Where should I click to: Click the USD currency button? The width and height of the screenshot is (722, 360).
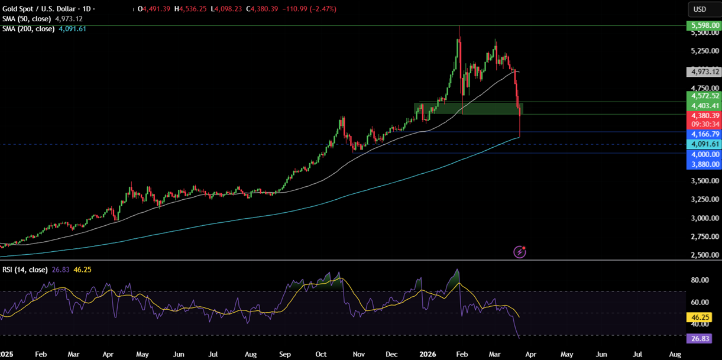point(700,9)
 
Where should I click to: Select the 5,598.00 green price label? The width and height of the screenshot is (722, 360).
point(702,25)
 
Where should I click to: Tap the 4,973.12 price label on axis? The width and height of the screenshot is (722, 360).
point(702,72)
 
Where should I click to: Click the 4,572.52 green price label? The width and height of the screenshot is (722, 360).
point(702,96)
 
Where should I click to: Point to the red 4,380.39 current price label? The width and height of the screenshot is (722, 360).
point(702,116)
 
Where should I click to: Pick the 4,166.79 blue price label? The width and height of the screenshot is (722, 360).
point(702,134)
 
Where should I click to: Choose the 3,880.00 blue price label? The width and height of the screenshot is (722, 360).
point(702,164)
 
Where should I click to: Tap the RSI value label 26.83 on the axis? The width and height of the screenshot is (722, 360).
point(702,339)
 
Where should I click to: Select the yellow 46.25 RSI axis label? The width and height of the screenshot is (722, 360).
point(702,317)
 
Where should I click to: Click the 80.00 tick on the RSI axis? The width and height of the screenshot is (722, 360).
point(701,280)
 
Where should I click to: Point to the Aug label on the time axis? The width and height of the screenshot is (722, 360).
point(675,354)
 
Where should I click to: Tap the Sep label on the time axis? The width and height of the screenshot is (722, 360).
point(285,354)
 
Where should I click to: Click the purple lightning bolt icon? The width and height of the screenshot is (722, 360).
point(520,252)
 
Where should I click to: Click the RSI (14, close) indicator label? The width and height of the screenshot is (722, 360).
point(24,270)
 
